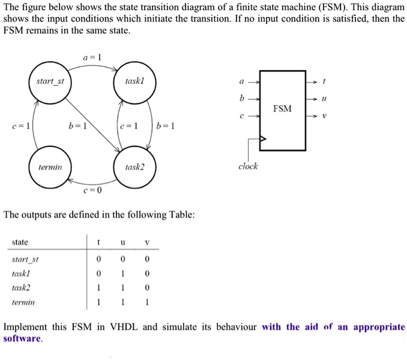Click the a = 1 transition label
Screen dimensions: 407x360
tap(92, 57)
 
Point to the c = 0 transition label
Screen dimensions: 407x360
tap(92, 190)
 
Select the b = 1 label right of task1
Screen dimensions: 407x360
tap(165, 126)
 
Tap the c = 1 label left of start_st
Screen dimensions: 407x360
tap(21, 126)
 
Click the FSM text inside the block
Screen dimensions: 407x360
tap(282, 109)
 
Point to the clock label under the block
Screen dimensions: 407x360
tap(248, 166)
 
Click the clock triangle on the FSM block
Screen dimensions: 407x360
tap(263, 139)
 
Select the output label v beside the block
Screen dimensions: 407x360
tap(324, 116)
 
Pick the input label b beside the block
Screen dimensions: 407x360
tap(242, 98)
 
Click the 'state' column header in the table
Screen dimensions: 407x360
tap(20, 242)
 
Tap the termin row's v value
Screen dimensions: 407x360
tap(147, 302)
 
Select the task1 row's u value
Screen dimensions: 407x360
tap(123, 274)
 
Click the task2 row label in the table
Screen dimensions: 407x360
tap(21, 287)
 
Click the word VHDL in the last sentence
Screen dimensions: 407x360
tap(124, 327)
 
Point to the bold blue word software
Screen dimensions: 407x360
tap(22, 338)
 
